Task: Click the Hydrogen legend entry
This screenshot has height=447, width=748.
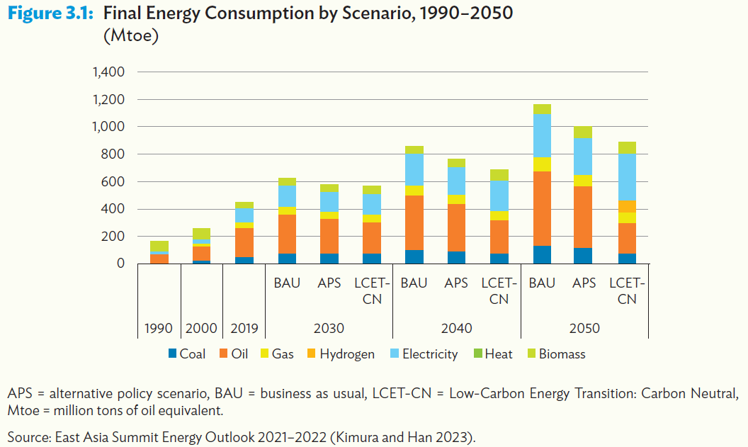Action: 339,354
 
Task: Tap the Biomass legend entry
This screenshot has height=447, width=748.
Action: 555,354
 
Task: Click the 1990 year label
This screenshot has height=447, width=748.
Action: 159,329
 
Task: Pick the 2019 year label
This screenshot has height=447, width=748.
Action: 244,329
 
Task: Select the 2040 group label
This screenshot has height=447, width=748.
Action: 456,329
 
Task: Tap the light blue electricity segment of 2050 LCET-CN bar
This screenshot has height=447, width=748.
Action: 627,177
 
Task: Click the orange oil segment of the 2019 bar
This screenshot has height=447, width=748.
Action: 244,242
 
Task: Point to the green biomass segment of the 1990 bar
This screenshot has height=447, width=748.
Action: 159,246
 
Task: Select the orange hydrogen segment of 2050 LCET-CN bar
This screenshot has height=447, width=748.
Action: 627,206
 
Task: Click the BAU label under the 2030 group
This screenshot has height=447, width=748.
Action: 287,283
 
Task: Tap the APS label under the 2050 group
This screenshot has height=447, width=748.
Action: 584,283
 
